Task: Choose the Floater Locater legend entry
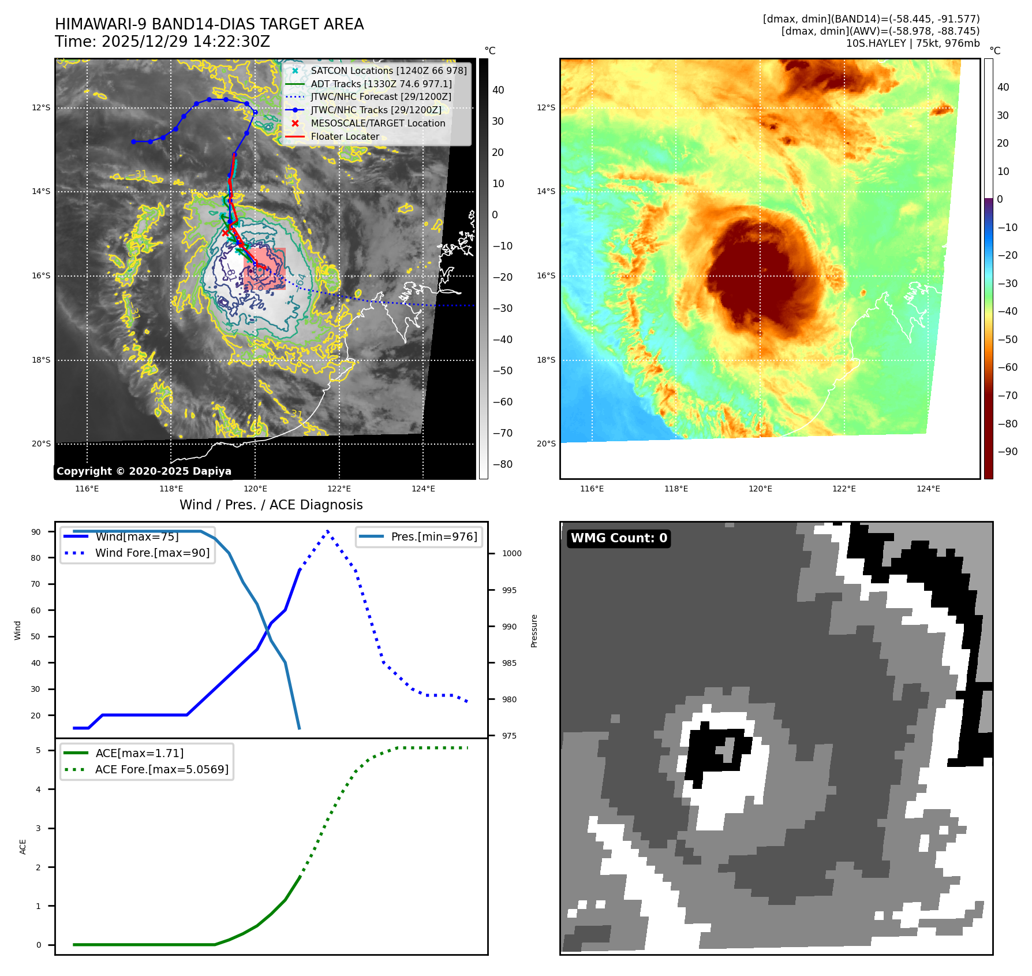pos(345,137)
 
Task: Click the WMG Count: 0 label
pos(619,538)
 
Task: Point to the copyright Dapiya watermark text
pos(144,471)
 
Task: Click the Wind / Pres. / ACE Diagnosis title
pos(271,505)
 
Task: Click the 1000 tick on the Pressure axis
pos(511,553)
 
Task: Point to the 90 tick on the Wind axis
pos(36,532)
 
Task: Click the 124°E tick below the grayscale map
pos(423,489)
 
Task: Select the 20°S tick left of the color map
pos(546,444)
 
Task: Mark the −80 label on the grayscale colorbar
pos(502,464)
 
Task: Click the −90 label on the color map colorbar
pos(1007,452)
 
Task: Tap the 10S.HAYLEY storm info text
pos(913,43)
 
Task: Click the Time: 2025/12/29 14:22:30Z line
pos(162,42)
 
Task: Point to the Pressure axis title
pos(534,631)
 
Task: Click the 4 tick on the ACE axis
pos(39,789)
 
